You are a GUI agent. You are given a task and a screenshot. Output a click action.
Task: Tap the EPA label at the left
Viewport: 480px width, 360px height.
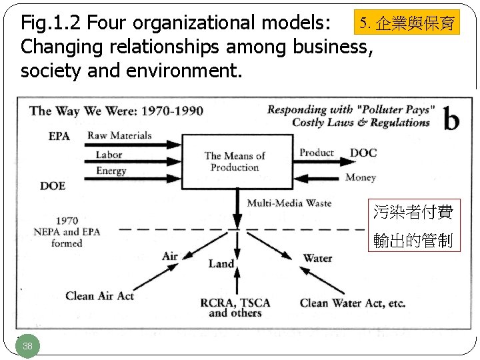point(59,137)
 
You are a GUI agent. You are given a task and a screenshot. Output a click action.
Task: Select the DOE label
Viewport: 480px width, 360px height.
point(53,185)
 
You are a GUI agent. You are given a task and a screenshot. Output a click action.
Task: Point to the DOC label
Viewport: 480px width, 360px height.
point(363,153)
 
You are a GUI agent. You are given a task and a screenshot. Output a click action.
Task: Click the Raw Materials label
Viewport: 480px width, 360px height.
point(120,135)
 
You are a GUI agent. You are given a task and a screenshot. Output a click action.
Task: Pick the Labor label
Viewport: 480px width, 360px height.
point(109,154)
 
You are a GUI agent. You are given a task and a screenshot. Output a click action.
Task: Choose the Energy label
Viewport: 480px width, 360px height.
point(111,171)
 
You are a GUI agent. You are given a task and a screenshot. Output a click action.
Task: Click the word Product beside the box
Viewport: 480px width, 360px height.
point(317,153)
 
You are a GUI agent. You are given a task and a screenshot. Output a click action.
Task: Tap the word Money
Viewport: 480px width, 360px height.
point(360,177)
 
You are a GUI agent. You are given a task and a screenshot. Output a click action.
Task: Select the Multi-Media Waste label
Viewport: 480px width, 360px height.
point(289,203)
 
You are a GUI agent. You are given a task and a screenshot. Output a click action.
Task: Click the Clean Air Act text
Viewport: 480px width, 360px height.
point(99,296)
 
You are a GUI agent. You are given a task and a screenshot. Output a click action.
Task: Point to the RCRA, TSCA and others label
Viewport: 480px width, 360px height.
point(235,307)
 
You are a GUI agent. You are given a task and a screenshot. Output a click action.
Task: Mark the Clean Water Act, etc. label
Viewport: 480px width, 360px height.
point(353,303)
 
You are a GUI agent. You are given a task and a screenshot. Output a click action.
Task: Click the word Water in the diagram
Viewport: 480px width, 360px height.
point(317,257)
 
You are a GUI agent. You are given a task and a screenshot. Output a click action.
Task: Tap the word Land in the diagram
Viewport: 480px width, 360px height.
point(221,263)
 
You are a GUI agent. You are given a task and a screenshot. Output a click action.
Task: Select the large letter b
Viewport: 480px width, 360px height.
point(451,120)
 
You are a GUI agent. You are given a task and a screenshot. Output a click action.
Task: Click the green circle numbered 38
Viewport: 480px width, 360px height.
point(27,346)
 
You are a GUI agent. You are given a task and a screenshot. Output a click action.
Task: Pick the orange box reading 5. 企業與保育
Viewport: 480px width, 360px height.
point(406,23)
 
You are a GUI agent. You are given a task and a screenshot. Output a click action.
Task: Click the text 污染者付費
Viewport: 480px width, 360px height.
point(413,212)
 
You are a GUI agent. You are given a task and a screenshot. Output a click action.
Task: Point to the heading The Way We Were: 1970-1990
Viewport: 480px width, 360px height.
point(117,111)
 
